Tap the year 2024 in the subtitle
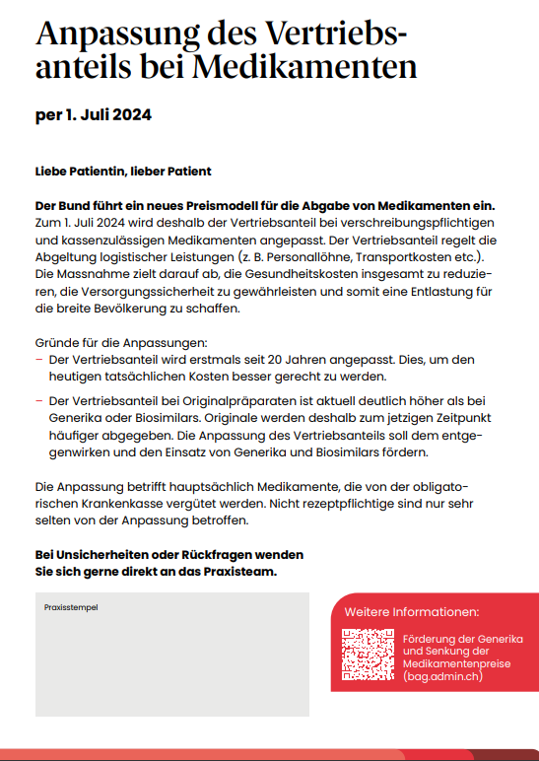click(130, 115)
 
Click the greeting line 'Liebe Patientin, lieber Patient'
click(123, 172)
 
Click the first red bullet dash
click(38, 359)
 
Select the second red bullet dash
click(38, 401)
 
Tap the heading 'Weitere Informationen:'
click(411, 612)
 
